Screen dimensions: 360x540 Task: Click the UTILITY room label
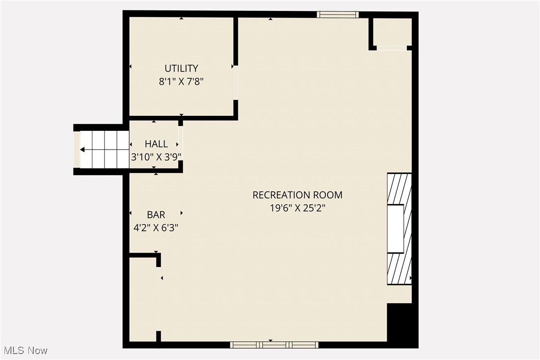181,69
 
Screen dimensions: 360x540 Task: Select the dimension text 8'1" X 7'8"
181,82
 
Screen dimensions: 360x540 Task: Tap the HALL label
156,144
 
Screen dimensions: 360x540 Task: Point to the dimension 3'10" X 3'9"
156,157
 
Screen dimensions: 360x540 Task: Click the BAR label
156,215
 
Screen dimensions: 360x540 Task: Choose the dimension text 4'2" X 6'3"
156,228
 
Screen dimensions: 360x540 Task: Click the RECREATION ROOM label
297,195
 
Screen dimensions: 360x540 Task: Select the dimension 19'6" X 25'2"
297,208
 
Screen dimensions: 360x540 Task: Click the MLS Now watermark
24,351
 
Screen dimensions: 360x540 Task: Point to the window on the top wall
338,14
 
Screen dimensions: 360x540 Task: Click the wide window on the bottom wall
274,345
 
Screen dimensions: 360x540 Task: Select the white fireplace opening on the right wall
396,229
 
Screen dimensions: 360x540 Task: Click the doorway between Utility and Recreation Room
236,83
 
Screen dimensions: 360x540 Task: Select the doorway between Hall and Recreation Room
180,143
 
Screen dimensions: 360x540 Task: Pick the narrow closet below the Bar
143,298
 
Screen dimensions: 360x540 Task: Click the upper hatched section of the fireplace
399,188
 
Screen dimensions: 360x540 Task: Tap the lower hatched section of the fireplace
399,269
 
